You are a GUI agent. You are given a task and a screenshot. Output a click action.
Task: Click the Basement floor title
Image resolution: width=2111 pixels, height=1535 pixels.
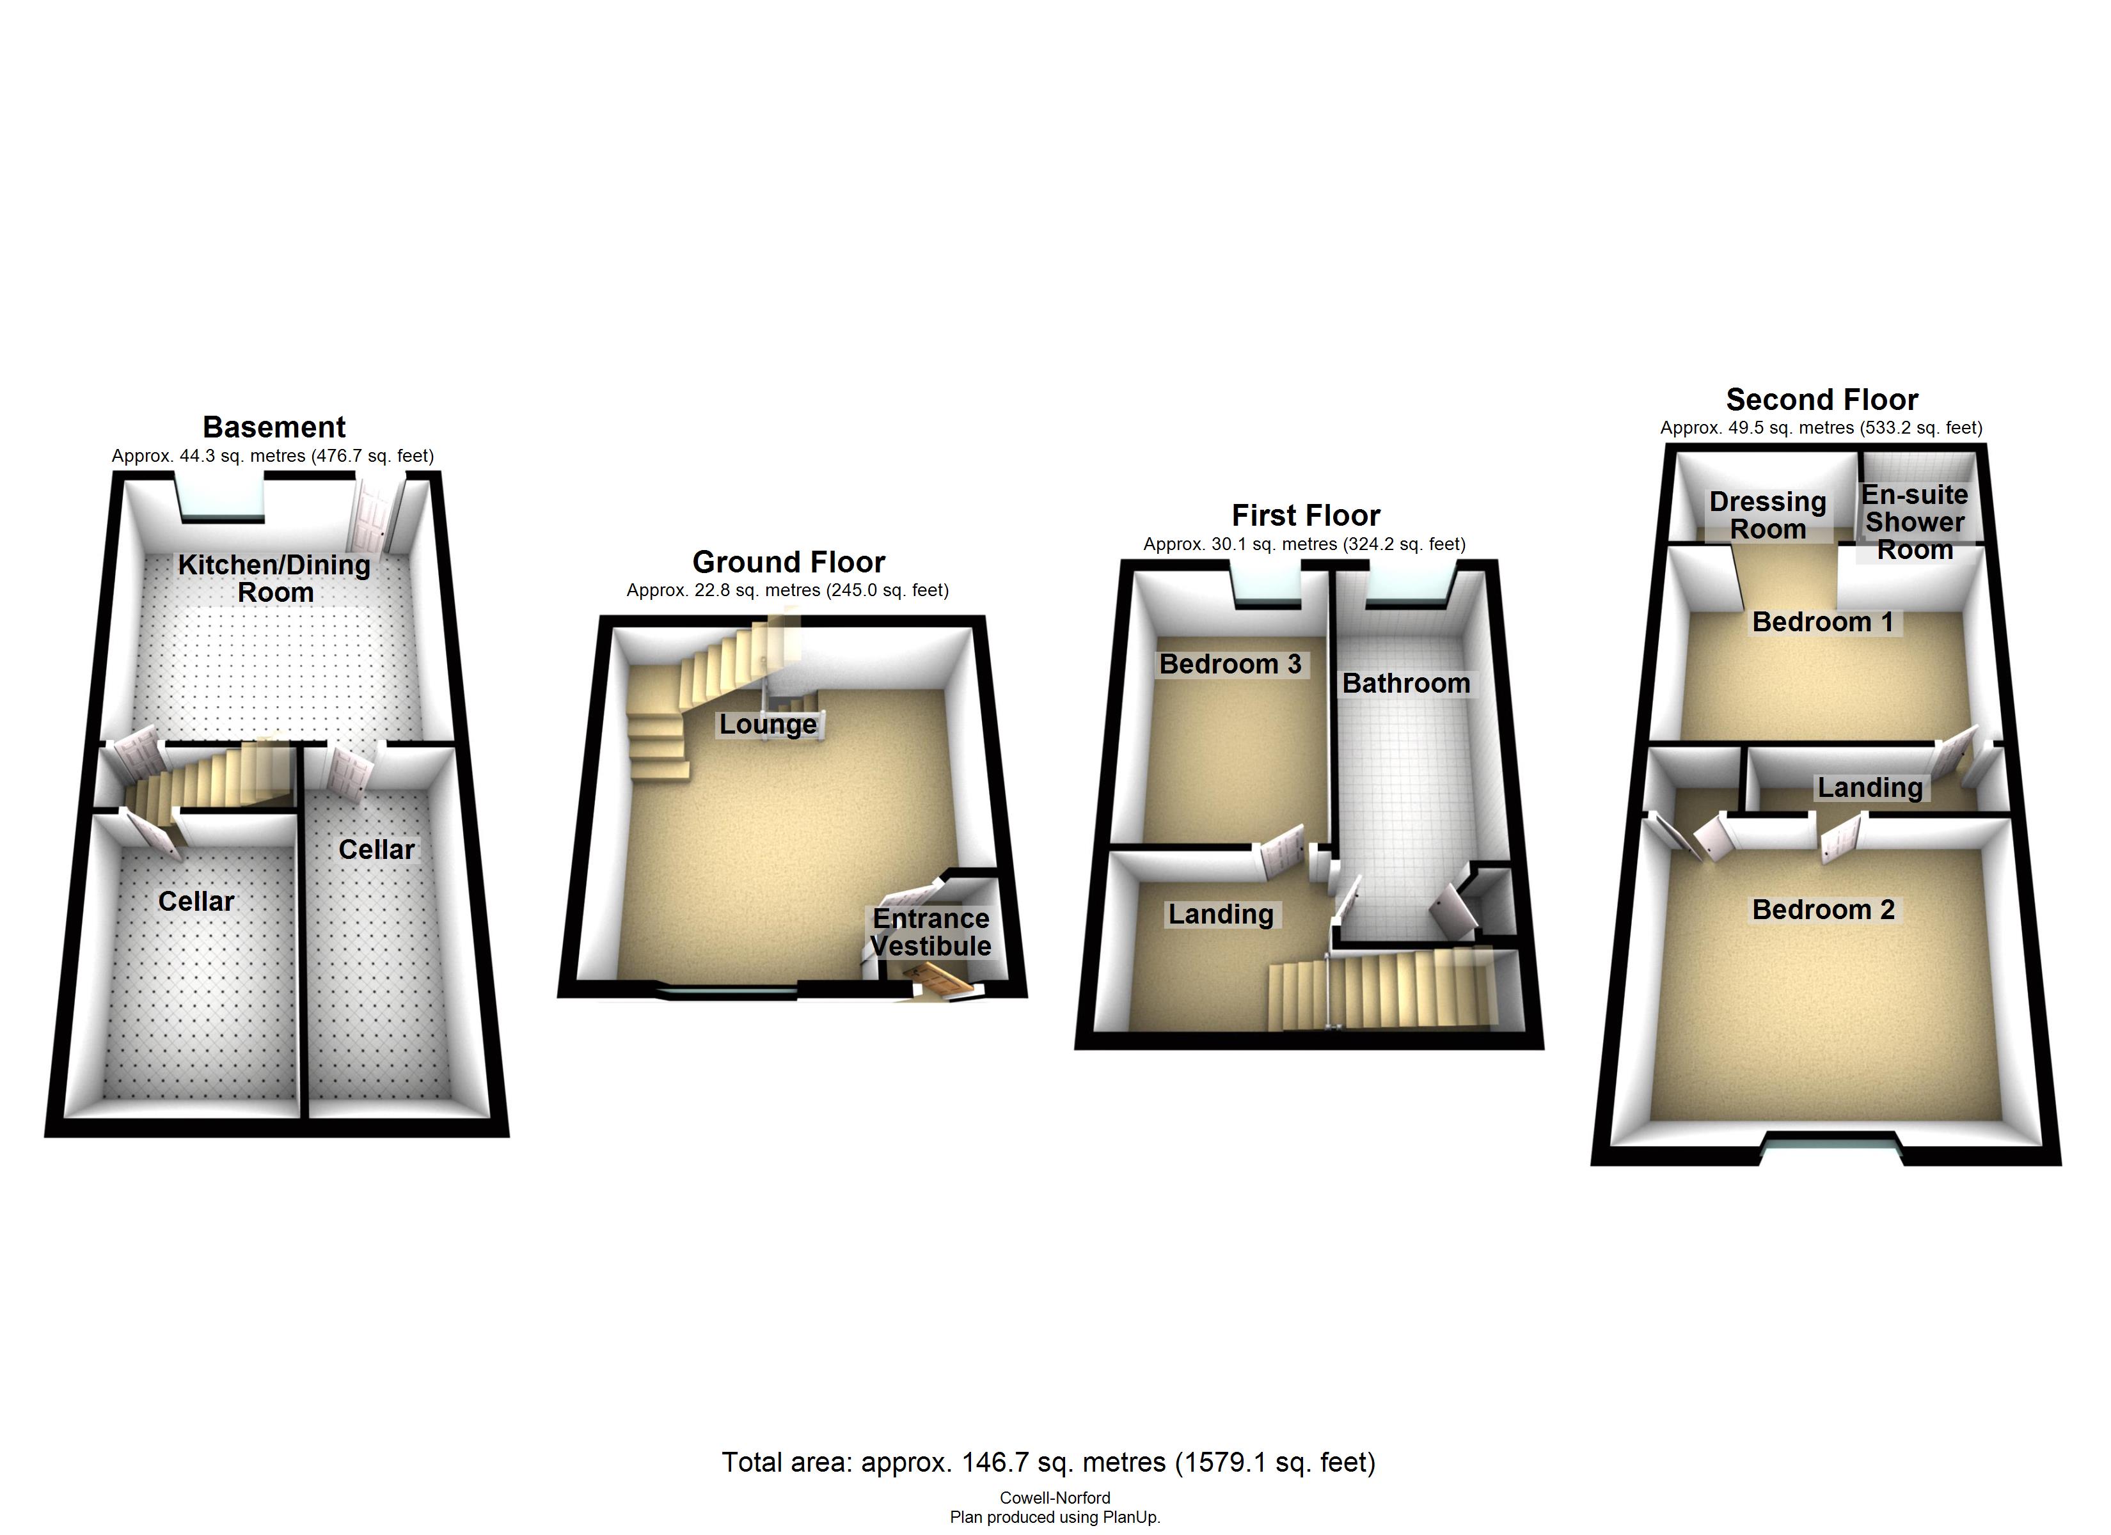click(x=274, y=427)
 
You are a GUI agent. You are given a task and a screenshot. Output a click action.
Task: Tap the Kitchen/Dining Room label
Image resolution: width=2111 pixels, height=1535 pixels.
click(x=274, y=578)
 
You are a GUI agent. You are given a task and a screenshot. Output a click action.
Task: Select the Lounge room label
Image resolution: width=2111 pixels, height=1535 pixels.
click(x=768, y=724)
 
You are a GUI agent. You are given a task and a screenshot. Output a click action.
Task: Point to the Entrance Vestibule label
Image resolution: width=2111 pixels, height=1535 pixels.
click(x=931, y=932)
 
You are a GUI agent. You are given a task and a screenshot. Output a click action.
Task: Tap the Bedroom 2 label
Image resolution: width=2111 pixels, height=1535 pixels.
click(x=1822, y=909)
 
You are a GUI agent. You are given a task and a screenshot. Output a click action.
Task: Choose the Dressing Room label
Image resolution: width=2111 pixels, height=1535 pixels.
click(x=1767, y=515)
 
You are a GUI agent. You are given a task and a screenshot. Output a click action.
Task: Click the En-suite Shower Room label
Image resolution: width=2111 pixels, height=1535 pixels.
click(x=1915, y=522)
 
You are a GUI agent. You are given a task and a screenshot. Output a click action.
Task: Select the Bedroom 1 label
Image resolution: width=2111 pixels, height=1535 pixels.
click(x=1822, y=622)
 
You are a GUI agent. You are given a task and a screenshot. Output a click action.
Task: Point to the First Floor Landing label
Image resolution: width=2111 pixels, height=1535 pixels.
click(x=1221, y=914)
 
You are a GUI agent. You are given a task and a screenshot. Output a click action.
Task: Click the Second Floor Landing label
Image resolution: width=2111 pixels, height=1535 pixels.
click(x=1870, y=787)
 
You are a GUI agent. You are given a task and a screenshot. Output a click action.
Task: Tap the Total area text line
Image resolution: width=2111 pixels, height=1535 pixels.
click(x=1048, y=1462)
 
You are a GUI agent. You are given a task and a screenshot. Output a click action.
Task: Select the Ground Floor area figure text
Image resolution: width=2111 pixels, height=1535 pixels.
click(x=787, y=590)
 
